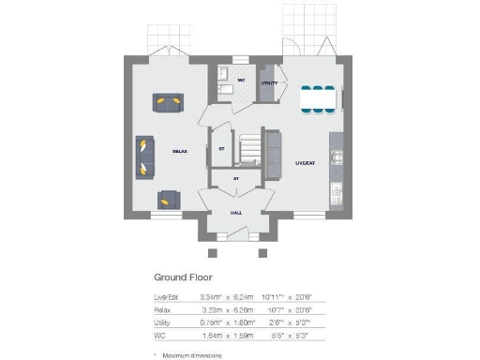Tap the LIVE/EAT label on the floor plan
(x=305, y=162)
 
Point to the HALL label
(x=237, y=213)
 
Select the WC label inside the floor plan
(x=241, y=82)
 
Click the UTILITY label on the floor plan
(x=269, y=82)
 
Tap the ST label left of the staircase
(x=222, y=149)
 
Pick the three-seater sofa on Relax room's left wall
(x=144, y=157)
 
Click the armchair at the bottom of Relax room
(x=169, y=198)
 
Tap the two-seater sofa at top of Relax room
(x=169, y=102)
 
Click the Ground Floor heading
(x=184, y=277)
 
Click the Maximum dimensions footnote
(x=189, y=355)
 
